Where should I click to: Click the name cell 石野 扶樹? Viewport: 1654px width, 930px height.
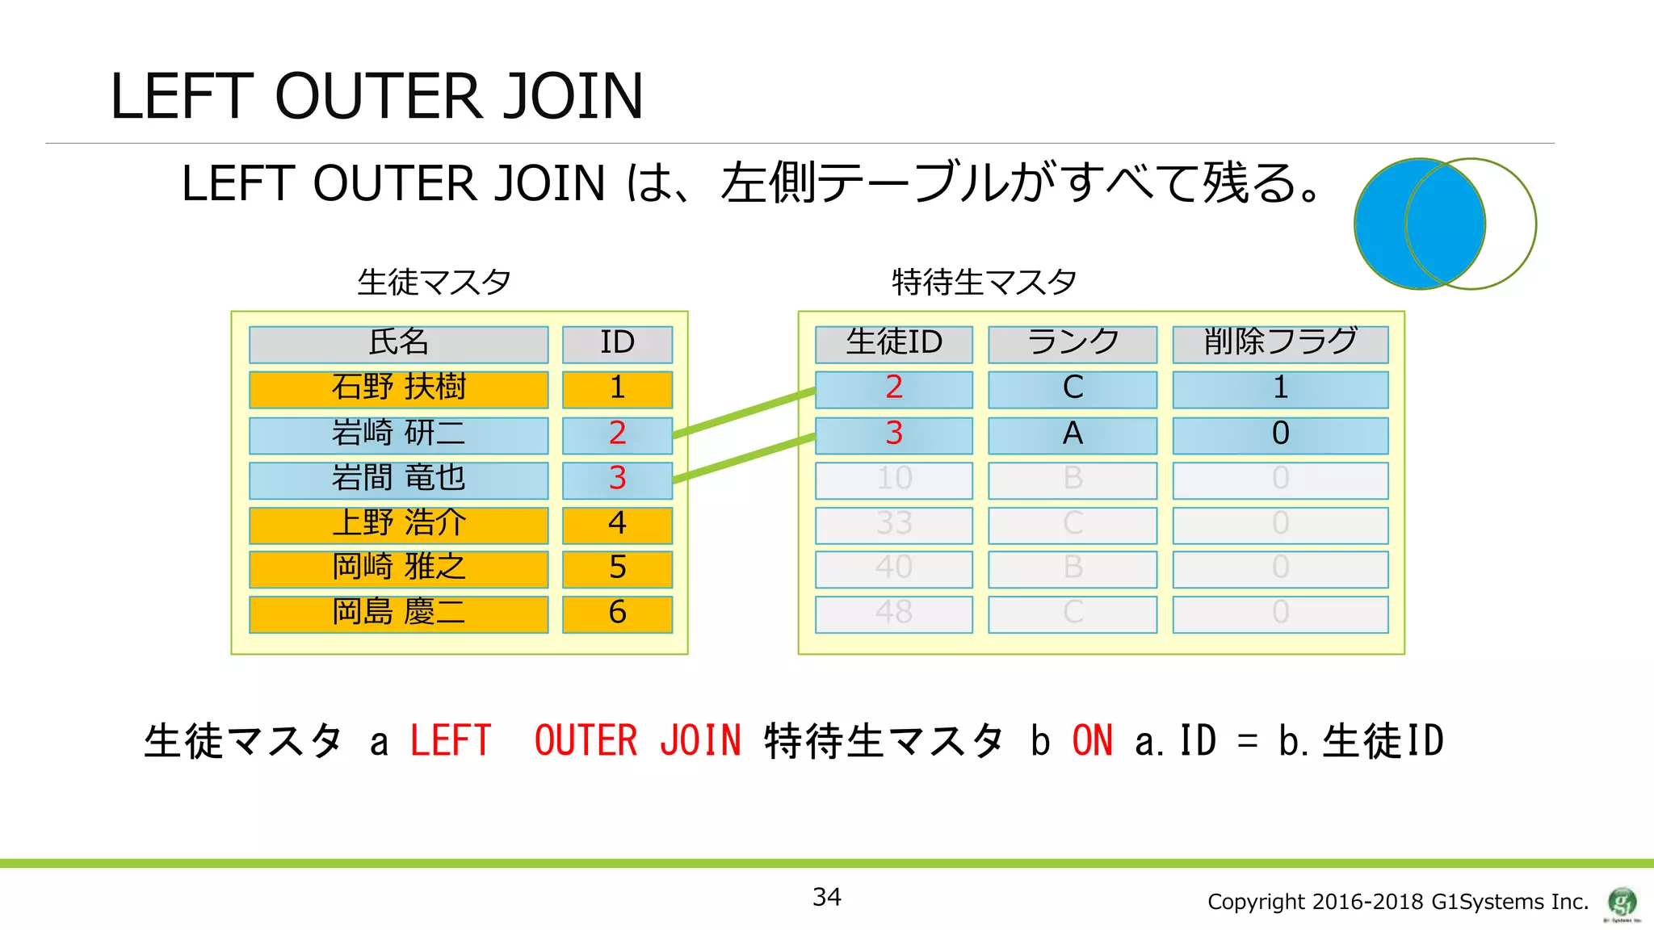(x=398, y=389)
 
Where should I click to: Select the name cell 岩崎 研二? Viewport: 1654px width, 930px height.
(x=398, y=434)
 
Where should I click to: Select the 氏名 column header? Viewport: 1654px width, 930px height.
(x=398, y=344)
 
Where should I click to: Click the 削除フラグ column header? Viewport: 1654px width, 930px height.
(x=1280, y=344)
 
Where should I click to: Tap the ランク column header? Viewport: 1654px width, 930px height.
(x=1073, y=344)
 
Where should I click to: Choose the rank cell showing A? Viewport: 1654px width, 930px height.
(x=1073, y=434)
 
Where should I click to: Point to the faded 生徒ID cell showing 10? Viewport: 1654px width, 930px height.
(x=893, y=480)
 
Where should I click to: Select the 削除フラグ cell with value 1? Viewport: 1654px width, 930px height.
(x=1280, y=389)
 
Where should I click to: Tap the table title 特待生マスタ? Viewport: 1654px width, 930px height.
(x=984, y=283)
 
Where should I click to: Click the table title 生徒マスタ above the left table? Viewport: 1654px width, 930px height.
(x=434, y=283)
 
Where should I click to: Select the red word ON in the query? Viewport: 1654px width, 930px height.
(x=1092, y=741)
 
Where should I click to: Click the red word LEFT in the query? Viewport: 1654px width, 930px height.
(x=451, y=741)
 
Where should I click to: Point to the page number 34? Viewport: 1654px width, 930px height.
(x=826, y=897)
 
